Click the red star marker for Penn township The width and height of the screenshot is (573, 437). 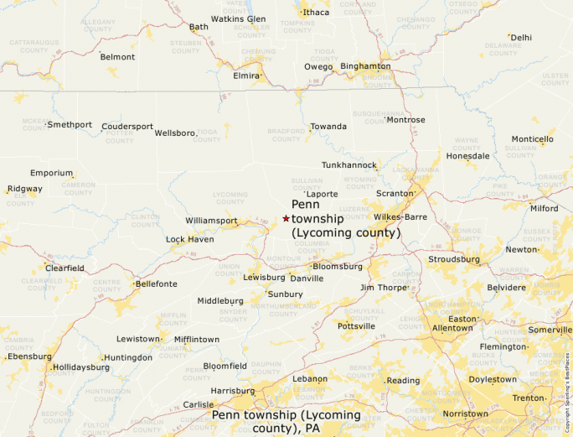point(286,218)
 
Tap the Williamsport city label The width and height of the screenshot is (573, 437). point(211,221)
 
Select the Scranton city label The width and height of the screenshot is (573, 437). point(395,194)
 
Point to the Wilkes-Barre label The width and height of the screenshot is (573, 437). point(400,216)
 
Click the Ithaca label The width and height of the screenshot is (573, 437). point(316,13)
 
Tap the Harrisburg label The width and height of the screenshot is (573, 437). point(232,391)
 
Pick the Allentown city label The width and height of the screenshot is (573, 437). point(452,328)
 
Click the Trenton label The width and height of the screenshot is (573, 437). point(529,398)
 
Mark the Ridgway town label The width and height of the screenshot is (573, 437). point(24,189)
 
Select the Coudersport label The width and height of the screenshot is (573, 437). point(127,127)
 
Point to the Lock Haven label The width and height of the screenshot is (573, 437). point(189,239)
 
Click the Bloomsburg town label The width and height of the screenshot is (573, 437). point(338,267)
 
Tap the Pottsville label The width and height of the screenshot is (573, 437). point(357,325)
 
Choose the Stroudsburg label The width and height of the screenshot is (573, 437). point(453,259)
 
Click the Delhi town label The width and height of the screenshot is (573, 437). point(521,37)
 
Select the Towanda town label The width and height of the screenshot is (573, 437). point(328,127)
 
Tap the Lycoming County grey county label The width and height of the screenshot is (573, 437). point(230,198)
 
